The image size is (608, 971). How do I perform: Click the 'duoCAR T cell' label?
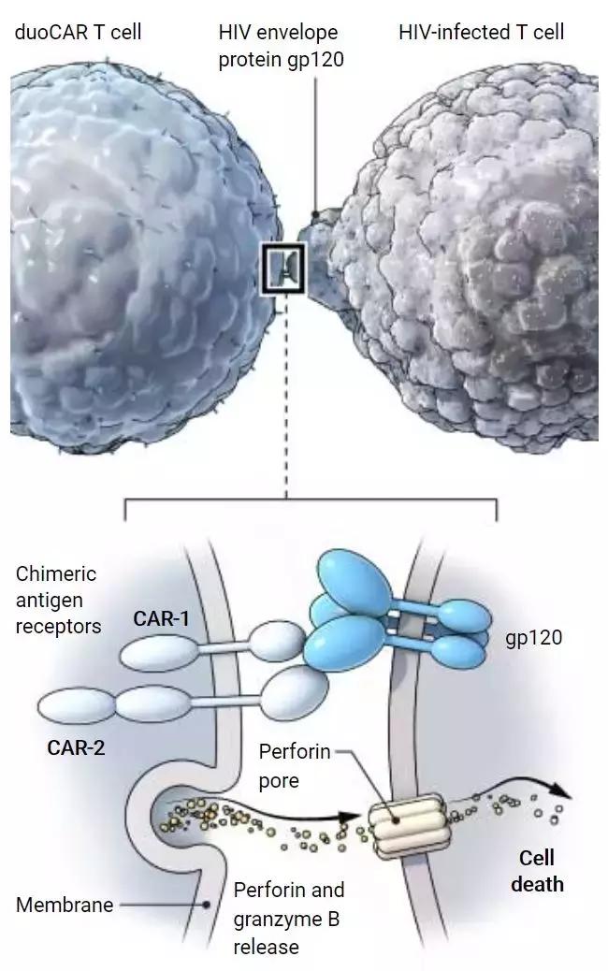tap(77, 33)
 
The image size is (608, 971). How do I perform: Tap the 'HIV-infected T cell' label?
tap(482, 33)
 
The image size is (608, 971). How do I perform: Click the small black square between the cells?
tap(282, 268)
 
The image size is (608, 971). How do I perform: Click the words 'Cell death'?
tap(537, 870)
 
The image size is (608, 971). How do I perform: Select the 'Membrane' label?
tap(65, 905)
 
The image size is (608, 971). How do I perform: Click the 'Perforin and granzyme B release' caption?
tap(288, 918)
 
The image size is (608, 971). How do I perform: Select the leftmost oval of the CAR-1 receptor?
tap(168, 651)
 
